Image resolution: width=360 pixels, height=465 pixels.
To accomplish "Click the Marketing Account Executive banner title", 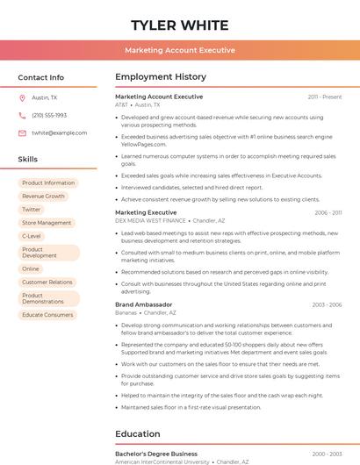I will point(179,50).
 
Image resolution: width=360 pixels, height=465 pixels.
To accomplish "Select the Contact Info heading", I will point(41,77).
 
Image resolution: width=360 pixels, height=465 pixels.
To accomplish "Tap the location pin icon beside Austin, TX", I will point(22,98).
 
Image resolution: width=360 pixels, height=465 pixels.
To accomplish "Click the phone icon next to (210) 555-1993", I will point(22,116).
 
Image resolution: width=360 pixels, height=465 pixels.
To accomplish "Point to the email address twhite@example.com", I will point(59,133).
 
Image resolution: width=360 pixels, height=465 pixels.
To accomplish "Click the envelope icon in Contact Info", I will point(22,133).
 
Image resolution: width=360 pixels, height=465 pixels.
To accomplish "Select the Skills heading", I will point(28,160).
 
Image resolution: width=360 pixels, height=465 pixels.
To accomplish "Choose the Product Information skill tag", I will point(48,183).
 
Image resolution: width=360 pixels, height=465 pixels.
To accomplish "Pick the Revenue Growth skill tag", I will point(43,197).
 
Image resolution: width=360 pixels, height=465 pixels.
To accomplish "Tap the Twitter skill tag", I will point(32,210).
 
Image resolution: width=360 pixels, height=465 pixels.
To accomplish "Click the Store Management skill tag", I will point(47,223).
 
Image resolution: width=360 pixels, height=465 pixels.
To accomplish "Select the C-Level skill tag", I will point(32,236).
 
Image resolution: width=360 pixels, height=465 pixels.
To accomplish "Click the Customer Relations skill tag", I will point(47,283).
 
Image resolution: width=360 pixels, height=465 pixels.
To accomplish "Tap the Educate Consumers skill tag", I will point(47,314).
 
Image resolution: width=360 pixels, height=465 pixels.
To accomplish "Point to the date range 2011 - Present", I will point(325,97).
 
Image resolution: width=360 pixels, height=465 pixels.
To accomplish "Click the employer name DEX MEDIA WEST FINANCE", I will point(150,221).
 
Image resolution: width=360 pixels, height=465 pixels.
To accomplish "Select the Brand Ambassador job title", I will point(143,304).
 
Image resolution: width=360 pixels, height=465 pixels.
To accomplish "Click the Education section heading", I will point(138,433).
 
